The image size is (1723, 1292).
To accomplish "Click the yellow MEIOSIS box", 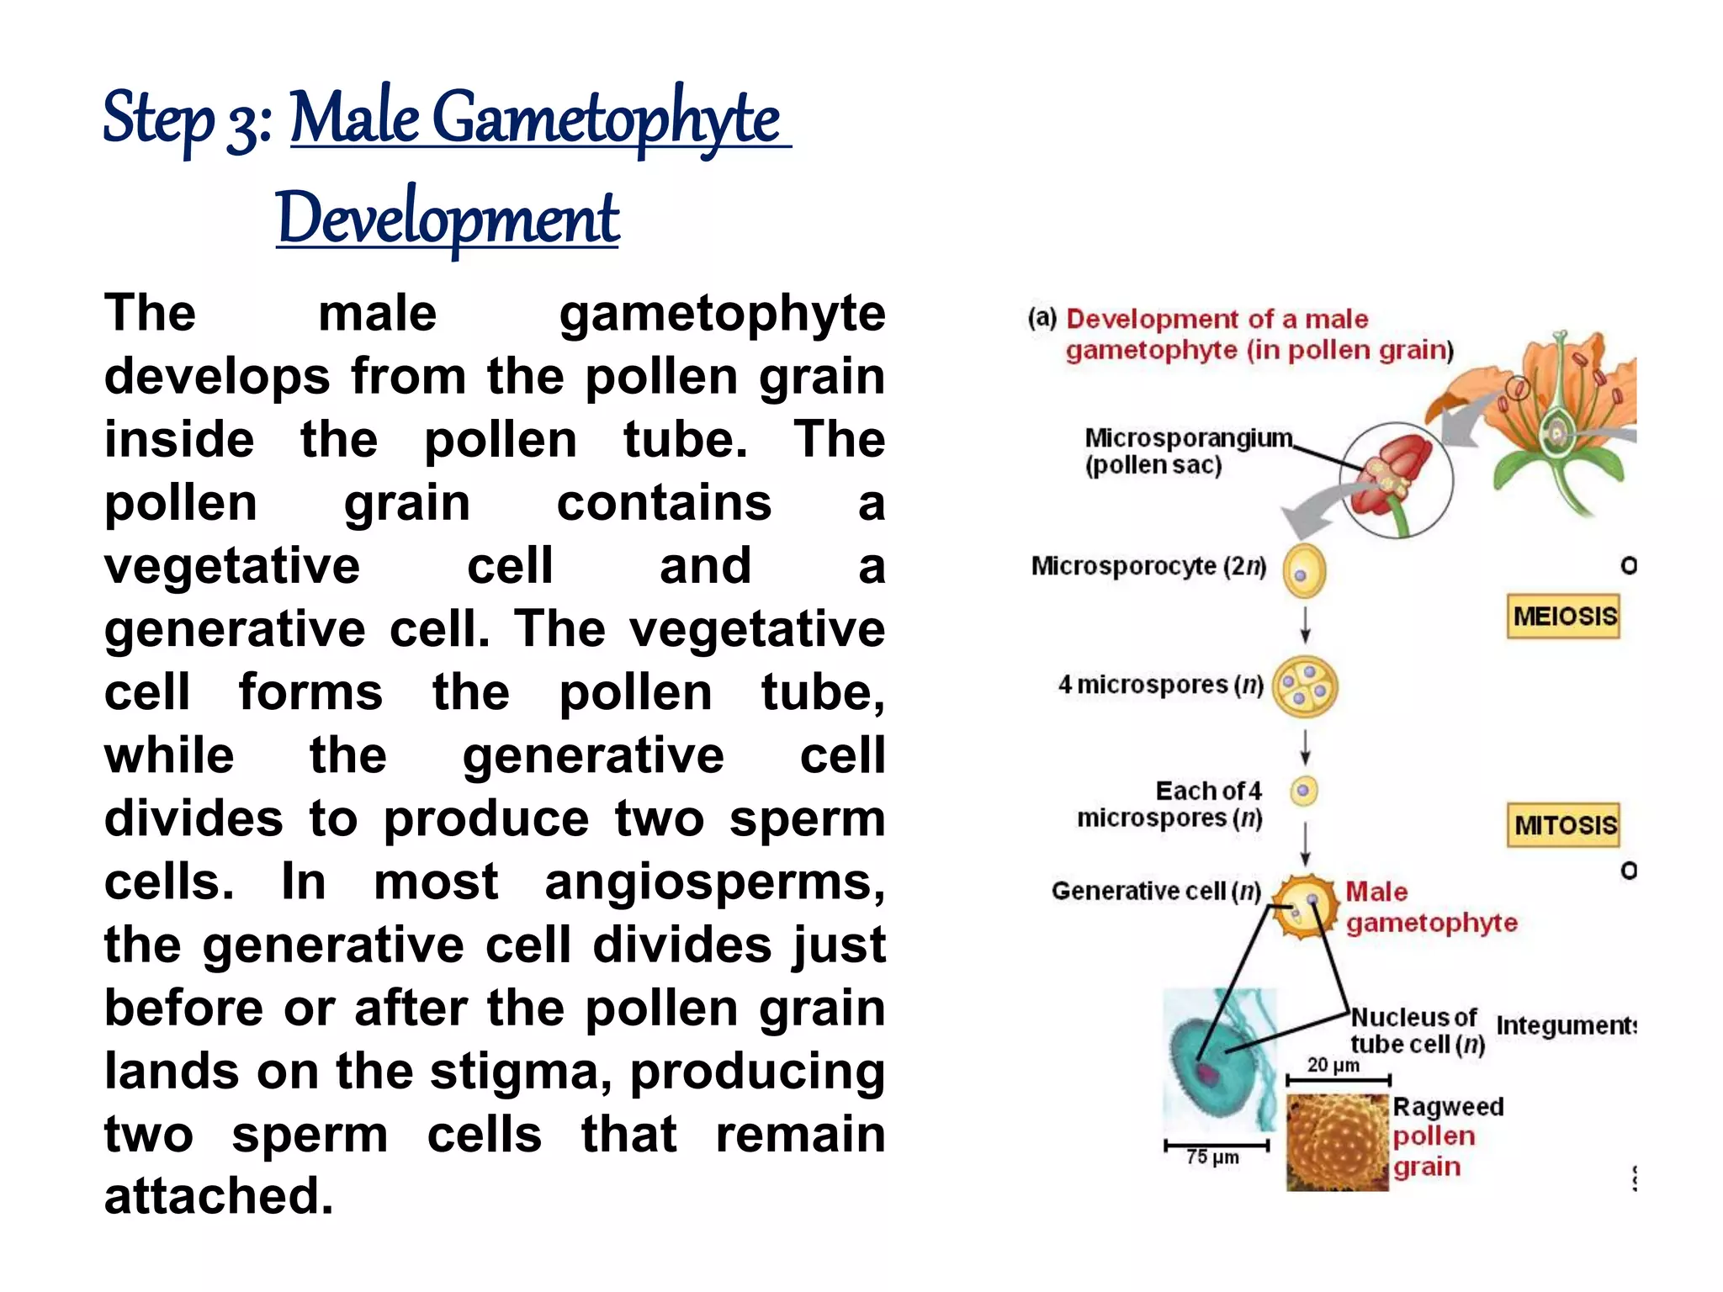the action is point(1563,617).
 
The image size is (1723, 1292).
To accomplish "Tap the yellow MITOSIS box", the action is point(1563,825).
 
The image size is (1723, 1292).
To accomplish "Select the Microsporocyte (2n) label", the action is point(1148,566).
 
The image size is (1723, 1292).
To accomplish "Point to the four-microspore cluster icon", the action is point(1305,687).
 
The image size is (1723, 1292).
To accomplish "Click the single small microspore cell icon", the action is point(1304,791).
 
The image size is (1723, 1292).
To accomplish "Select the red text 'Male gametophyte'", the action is point(1430,907).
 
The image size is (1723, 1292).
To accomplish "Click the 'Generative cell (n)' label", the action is point(1156,891).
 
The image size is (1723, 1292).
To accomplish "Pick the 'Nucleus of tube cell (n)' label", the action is point(1417,1030).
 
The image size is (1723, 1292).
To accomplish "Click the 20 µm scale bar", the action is point(1337,1079).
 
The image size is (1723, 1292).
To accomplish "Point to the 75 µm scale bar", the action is point(1217,1146).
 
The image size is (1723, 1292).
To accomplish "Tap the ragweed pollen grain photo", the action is point(1337,1142).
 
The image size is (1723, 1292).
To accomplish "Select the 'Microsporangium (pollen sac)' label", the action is point(1186,452).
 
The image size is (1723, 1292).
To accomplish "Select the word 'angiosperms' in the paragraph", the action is point(714,882).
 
